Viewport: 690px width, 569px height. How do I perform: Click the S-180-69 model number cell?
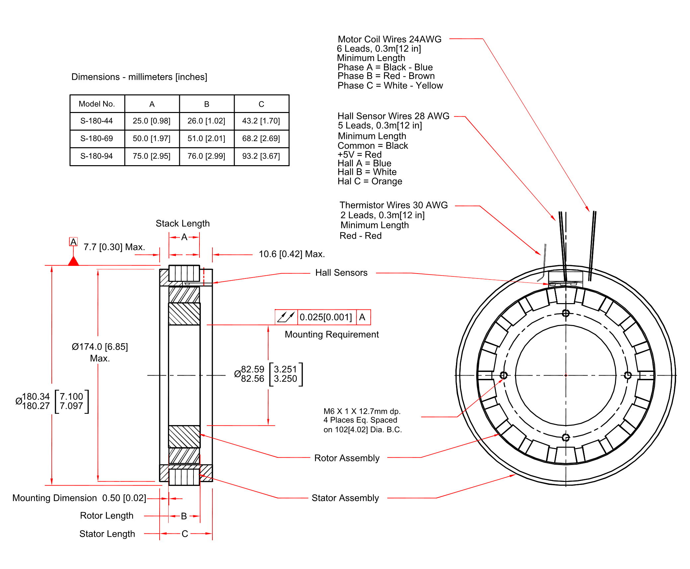tap(97, 138)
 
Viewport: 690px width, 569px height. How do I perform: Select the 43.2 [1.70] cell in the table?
tap(261, 121)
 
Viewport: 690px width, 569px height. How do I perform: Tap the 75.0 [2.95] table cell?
tap(152, 156)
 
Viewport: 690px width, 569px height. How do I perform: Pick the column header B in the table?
tap(206, 104)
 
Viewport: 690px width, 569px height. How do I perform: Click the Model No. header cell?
tap(97, 104)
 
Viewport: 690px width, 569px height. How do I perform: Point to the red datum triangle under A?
tap(73, 261)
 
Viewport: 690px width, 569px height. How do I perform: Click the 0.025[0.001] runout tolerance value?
tap(326, 317)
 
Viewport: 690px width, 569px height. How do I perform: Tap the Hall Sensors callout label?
tap(341, 273)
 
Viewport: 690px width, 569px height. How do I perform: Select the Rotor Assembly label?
tap(347, 458)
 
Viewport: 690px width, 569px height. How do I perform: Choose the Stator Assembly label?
tap(345, 498)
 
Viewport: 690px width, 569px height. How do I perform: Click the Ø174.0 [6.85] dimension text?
tap(100, 347)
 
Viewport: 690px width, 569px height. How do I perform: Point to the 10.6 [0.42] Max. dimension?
tap(291, 254)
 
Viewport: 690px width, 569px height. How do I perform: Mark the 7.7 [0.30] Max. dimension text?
tap(114, 247)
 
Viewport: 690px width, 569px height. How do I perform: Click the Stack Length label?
tap(183, 223)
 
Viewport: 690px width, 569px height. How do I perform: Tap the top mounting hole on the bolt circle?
tap(566, 313)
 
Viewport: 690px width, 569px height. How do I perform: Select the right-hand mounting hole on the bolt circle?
tap(628, 375)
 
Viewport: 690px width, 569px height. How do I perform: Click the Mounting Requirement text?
tap(332, 334)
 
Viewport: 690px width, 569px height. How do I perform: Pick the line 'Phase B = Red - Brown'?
tap(386, 76)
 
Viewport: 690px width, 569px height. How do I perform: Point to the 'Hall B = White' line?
tap(367, 172)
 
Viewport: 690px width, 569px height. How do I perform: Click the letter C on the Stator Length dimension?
tap(185, 533)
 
